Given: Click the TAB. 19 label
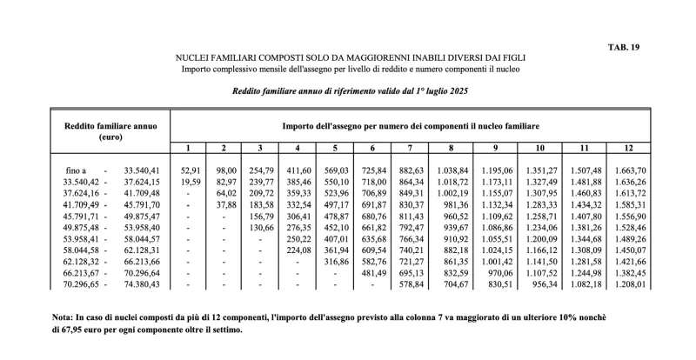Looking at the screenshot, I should click(x=625, y=48).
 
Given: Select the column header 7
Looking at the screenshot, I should click(x=411, y=147).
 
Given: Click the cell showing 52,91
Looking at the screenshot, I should click(x=190, y=170).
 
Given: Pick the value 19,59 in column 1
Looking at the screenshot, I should click(x=190, y=182).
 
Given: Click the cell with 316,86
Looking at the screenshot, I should click(x=335, y=261).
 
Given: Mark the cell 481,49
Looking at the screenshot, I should click(x=372, y=272).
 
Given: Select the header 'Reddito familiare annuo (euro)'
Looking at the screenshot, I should click(x=110, y=131).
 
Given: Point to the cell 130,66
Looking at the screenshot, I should click(x=260, y=227).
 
